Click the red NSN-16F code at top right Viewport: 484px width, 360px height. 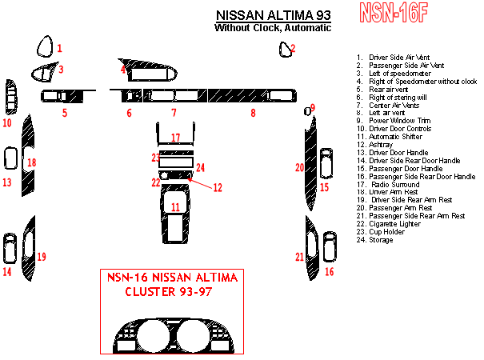click(x=394, y=13)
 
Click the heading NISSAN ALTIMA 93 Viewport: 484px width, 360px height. click(x=273, y=15)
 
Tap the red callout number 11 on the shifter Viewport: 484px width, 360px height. click(x=175, y=206)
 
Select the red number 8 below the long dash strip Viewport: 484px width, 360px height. click(x=253, y=113)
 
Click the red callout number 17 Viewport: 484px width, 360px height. click(x=175, y=138)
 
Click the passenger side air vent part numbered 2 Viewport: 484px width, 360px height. click(x=285, y=50)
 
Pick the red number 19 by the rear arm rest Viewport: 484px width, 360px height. click(x=42, y=256)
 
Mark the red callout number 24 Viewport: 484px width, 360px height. click(x=201, y=167)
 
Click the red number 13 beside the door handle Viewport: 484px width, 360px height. click(x=6, y=182)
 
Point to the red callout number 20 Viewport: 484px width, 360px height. click(x=299, y=167)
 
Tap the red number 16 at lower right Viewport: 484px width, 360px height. click(x=329, y=272)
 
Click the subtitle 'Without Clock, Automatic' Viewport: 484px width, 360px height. click(x=272, y=28)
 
